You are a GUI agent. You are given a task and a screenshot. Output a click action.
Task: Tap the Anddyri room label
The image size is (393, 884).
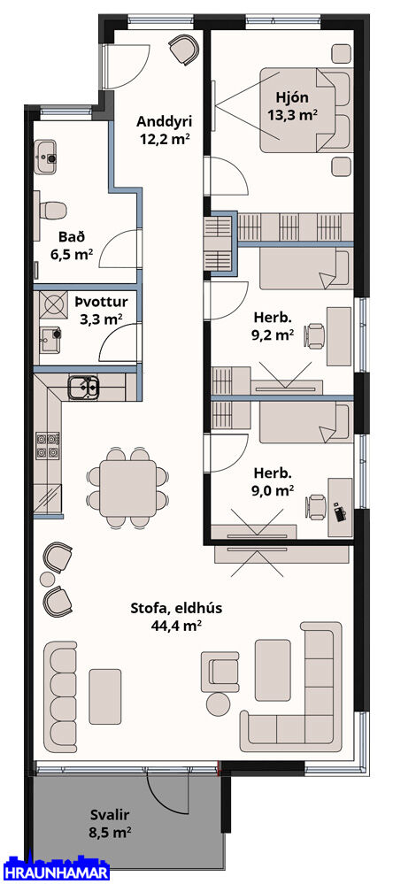(x=165, y=120)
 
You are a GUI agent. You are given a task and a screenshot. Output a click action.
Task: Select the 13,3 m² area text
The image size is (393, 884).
(x=291, y=114)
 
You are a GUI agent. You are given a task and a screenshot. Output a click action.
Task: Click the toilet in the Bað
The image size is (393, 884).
(x=52, y=211)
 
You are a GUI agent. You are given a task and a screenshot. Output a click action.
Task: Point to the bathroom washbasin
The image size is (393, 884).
(x=46, y=158)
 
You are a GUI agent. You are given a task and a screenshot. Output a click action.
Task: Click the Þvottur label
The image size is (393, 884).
(x=101, y=301)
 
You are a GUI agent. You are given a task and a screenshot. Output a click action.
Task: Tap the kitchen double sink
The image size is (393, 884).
(x=84, y=388)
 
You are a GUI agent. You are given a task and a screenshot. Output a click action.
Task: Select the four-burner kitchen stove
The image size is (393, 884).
(x=48, y=445)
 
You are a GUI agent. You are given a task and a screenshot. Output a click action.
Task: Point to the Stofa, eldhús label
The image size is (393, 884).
(x=176, y=608)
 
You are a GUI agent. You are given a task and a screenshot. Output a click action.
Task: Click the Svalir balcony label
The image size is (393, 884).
(x=111, y=814)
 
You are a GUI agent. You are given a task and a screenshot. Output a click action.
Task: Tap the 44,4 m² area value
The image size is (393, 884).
(x=176, y=625)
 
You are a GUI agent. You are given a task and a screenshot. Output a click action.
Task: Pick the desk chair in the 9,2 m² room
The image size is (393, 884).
(x=315, y=335)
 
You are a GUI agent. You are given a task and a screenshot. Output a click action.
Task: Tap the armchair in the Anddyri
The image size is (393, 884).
(x=184, y=49)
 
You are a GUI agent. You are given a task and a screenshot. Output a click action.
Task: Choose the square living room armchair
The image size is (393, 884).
(x=220, y=672)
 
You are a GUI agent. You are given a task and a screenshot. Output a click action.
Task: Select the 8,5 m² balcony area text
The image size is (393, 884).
(x=111, y=831)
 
